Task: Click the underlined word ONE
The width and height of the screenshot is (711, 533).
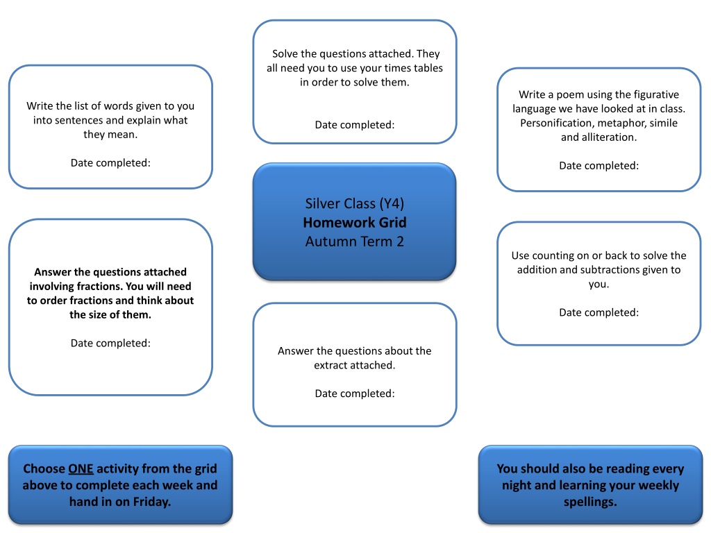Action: tap(81, 468)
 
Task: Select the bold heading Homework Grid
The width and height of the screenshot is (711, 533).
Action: tap(355, 223)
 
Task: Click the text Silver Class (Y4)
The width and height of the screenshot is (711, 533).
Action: tap(355, 203)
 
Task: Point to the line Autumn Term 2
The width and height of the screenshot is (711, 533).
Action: tap(355, 242)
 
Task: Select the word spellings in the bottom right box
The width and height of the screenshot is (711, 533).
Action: tap(590, 502)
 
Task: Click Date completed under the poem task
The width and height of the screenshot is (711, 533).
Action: tap(599, 165)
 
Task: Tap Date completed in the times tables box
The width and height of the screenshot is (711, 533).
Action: tap(355, 125)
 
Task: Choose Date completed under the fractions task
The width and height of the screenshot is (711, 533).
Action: tap(110, 343)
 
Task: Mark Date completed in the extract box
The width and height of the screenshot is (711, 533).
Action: tap(355, 394)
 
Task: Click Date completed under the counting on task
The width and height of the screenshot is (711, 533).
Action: tap(599, 312)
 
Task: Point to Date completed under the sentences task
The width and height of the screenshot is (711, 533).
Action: tap(110, 162)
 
